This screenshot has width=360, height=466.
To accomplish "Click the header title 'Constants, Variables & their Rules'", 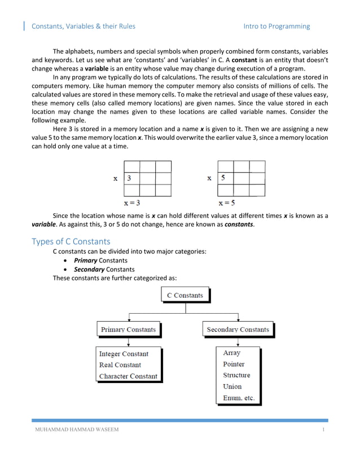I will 83,26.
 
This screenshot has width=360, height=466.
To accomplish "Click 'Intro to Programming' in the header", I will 276,26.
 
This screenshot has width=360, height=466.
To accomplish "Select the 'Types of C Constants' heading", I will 71,241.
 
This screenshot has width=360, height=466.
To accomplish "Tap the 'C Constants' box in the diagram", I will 185,295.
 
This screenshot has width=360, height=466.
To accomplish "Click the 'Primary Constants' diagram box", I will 128,329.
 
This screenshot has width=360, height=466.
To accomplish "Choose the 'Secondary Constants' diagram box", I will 238,329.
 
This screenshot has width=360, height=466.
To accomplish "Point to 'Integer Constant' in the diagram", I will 124,354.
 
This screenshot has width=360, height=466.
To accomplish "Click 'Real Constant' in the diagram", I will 120,365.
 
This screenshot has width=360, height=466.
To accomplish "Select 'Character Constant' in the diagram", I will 128,376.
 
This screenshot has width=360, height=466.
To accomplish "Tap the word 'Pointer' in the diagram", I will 234,364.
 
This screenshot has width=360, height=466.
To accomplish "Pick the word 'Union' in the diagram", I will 232,386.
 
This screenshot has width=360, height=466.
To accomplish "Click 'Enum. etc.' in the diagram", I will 239,398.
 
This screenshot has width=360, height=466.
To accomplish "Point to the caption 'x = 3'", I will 132,203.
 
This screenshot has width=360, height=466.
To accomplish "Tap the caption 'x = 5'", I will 227,203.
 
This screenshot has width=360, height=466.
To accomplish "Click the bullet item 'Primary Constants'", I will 100,261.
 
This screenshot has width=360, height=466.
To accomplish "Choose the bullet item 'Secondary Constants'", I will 104,269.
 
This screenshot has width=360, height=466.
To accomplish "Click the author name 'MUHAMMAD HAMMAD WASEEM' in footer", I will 75,430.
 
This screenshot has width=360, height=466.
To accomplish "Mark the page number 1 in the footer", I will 324,430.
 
